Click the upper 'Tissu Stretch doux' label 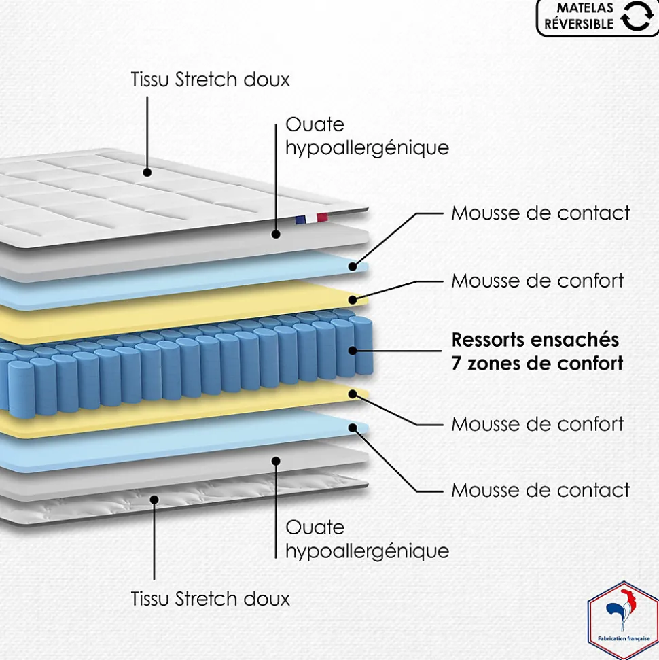pyautogui.click(x=210, y=80)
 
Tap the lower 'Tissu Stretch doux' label pyautogui.click(x=210, y=599)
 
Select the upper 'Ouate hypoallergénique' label pyautogui.click(x=367, y=136)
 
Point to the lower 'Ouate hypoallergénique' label pyautogui.click(x=367, y=538)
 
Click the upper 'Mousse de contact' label pyautogui.click(x=541, y=213)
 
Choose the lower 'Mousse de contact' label pyautogui.click(x=541, y=489)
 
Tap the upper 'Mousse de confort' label pyautogui.click(x=537, y=280)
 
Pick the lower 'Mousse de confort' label pyautogui.click(x=537, y=424)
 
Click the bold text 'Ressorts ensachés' pyautogui.click(x=535, y=338)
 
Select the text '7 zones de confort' pyautogui.click(x=537, y=363)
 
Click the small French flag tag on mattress pyautogui.click(x=311, y=218)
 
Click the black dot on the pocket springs pyautogui.click(x=353, y=351)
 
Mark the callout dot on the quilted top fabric pyautogui.click(x=147, y=174)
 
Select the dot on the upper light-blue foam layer pyautogui.click(x=353, y=266)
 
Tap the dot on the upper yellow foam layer pyautogui.click(x=353, y=299)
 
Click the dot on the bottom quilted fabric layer pyautogui.click(x=154, y=500)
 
